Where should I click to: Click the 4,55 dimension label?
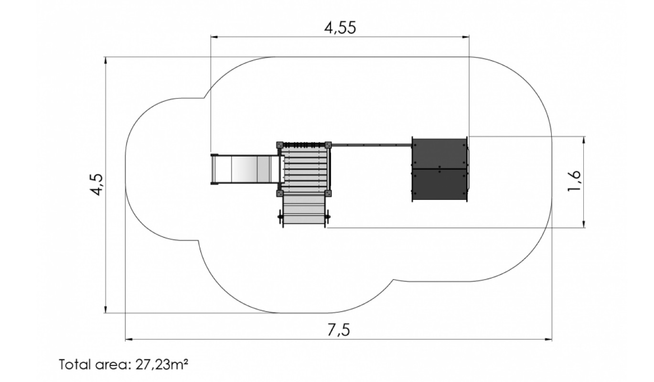click(340, 28)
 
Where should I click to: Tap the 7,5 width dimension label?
click(338, 330)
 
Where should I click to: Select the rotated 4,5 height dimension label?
click(96, 185)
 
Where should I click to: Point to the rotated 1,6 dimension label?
click(574, 181)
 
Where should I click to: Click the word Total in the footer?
click(75, 364)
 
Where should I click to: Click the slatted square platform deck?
click(304, 169)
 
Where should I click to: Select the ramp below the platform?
click(304, 209)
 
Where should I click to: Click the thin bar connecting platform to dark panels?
click(371, 145)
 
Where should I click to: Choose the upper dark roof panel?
click(440, 153)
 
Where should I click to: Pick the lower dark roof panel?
click(440, 185)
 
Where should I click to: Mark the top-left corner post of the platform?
click(279, 145)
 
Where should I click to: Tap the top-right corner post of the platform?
click(328, 145)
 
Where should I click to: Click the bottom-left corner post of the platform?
click(279, 193)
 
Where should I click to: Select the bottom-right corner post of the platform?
click(328, 193)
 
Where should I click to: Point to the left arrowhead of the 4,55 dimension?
click(214, 37)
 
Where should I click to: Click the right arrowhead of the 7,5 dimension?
click(548, 339)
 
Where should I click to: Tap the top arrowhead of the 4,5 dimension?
click(106, 60)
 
